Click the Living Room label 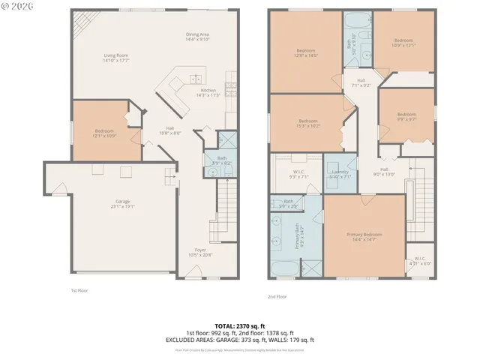(116, 58)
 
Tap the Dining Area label (199, 37)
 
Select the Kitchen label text (208, 92)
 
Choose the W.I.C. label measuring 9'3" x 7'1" (298, 175)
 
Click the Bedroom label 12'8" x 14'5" (307, 53)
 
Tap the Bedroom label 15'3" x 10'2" (309, 123)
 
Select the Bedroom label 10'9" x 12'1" (403, 42)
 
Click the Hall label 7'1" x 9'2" (361, 82)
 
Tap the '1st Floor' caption (79, 289)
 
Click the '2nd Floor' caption (277, 295)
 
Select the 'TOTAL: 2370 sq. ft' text (239, 326)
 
